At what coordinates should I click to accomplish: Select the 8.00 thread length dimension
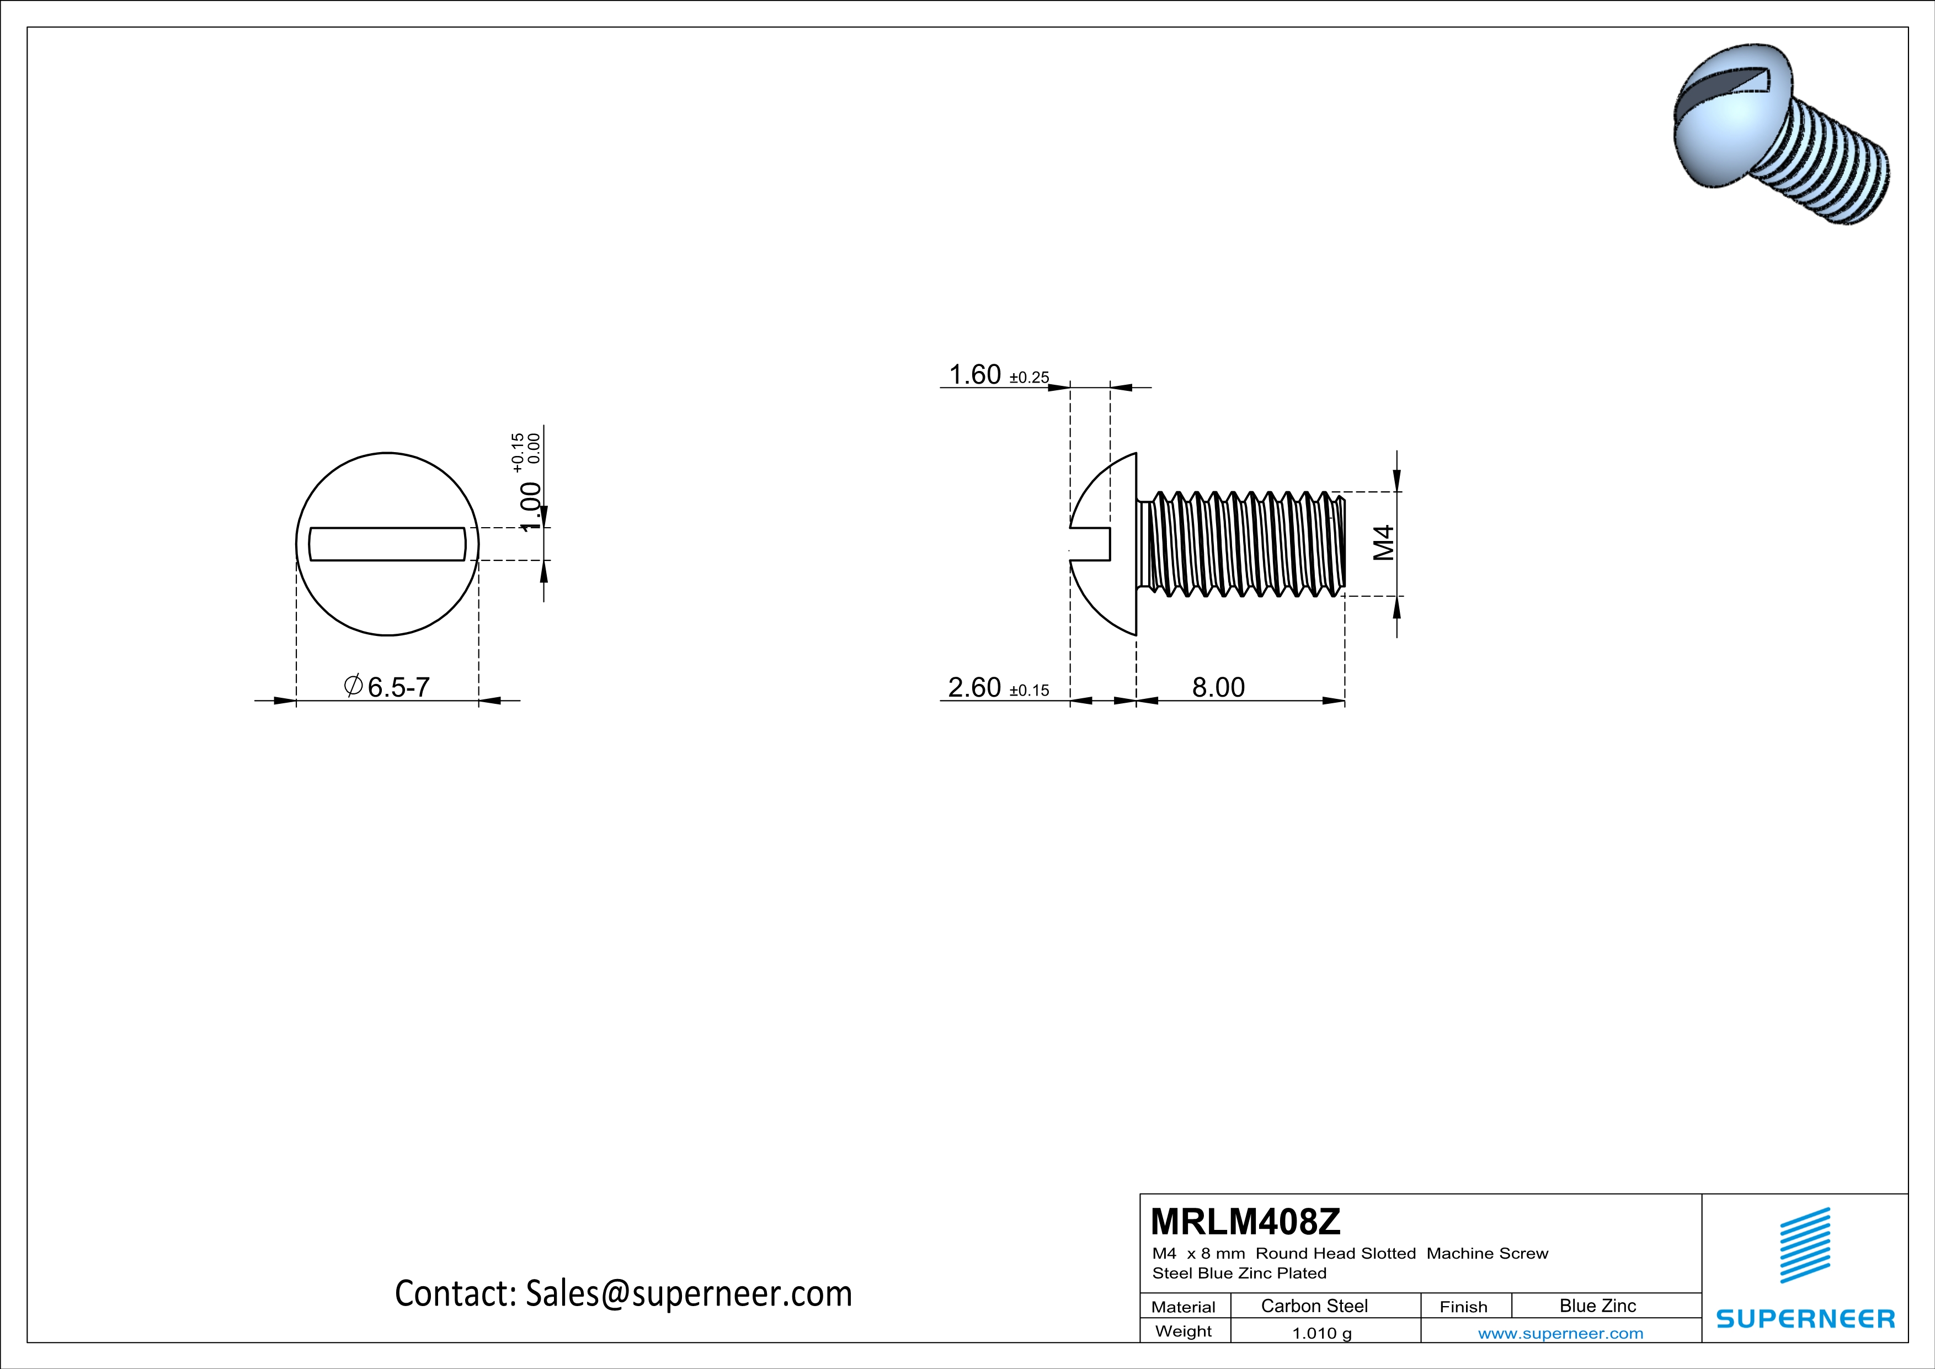pos(1218,687)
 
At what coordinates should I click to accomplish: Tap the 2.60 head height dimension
pos(974,687)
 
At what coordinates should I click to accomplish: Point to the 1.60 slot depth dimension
pos(975,374)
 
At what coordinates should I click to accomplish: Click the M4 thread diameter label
pos(1383,543)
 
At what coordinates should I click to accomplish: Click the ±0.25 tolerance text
pos(1029,378)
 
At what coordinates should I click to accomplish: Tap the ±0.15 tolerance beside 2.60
pos(1029,691)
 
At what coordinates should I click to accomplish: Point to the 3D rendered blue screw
pos(1778,135)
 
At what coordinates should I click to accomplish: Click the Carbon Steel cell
pos(1314,1306)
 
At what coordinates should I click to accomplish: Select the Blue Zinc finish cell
pos(1597,1306)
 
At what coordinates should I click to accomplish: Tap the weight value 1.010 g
pos(1321,1333)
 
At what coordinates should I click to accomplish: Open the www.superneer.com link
pos(1560,1333)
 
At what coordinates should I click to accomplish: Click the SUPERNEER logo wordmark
pos(1805,1318)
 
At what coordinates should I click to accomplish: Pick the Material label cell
pos(1184,1307)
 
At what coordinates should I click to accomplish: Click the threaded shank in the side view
pos(1239,544)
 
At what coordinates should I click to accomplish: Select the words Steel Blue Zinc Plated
pos(1239,1273)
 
